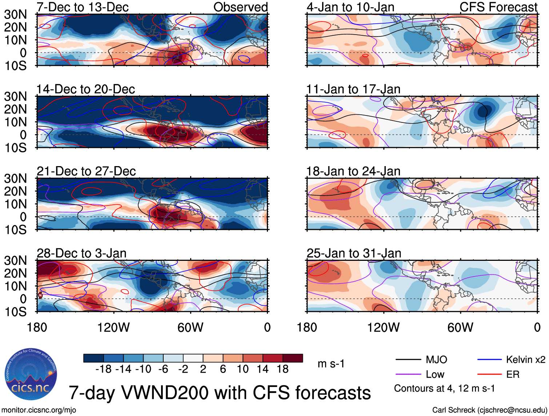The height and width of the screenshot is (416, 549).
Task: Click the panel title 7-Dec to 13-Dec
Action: point(83,7)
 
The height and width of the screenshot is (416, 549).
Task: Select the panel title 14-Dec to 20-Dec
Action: point(85,89)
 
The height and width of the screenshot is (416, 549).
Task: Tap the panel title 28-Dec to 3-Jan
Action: point(81,253)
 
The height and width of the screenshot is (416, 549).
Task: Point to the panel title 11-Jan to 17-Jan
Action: point(353,89)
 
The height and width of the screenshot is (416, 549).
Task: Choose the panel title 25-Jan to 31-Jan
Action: point(354,253)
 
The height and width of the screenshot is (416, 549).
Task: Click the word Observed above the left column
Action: point(240,7)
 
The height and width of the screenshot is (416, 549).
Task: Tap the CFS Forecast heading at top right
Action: point(498,7)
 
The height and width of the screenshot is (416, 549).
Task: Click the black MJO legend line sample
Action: point(408,360)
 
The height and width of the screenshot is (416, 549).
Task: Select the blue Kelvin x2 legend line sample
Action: point(489,360)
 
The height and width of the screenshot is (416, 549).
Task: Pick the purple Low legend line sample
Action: point(408,374)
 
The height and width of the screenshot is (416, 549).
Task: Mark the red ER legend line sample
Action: point(489,374)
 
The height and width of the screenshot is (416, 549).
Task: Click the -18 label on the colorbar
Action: point(103,369)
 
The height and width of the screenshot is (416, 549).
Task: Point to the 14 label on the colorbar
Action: point(263,369)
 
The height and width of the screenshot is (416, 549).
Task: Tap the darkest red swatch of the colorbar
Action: point(293,358)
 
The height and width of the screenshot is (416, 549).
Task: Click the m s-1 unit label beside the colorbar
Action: point(331,364)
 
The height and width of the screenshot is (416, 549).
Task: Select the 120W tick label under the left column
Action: point(113,327)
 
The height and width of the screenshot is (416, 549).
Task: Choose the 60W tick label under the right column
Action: point(460,327)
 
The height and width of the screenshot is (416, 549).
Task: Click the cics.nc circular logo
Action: point(31,374)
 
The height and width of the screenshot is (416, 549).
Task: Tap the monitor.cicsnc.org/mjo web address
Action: point(39,410)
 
